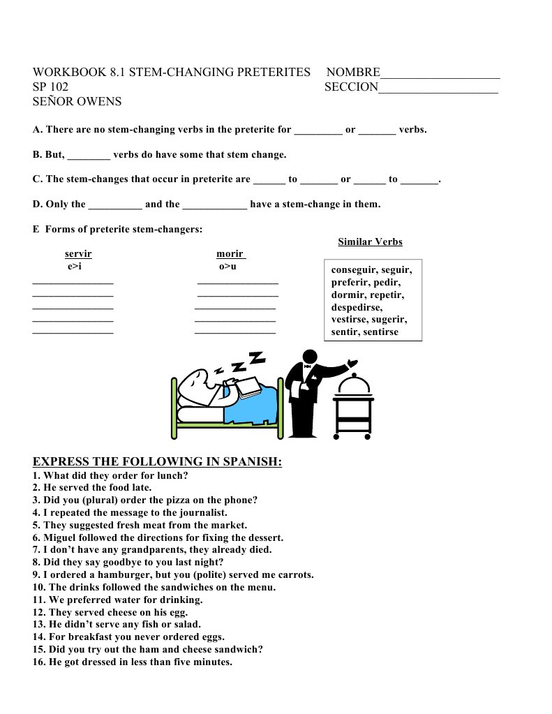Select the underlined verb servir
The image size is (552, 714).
click(78, 254)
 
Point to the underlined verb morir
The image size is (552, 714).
click(230, 254)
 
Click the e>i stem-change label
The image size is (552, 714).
click(75, 267)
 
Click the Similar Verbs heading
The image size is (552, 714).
click(370, 242)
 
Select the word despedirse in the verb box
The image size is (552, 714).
click(357, 307)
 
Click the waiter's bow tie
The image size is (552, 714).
click(307, 364)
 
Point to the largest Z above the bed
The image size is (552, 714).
click(258, 358)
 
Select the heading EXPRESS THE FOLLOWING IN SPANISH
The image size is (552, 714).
click(157, 462)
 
